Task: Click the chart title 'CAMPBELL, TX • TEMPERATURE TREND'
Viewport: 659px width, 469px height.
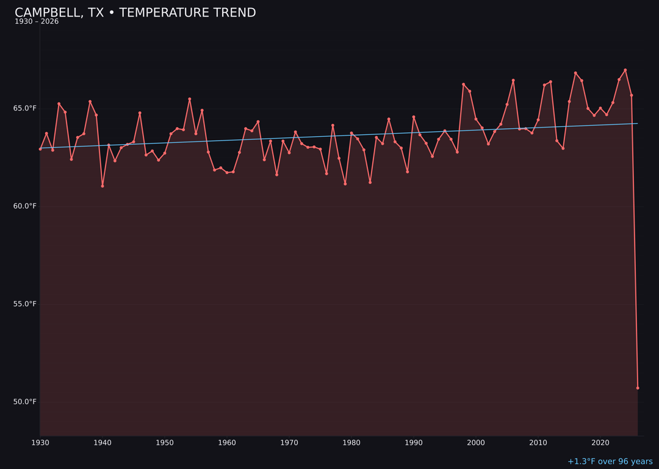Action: coord(135,13)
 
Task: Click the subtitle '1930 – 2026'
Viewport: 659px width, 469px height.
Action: coord(37,22)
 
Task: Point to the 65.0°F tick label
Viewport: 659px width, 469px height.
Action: coord(25,109)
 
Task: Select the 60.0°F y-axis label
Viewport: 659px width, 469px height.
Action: coord(25,206)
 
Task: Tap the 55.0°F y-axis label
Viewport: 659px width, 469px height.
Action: coord(25,304)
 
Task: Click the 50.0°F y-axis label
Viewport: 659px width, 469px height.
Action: coord(25,402)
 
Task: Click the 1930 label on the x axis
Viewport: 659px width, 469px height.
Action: coord(40,443)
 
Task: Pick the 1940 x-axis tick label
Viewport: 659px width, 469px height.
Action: coord(103,443)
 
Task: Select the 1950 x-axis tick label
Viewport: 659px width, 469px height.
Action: coord(165,443)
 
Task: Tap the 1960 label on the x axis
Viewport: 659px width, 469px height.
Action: coord(227,443)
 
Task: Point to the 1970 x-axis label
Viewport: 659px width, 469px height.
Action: coord(289,443)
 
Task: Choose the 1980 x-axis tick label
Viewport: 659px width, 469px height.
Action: coord(351,443)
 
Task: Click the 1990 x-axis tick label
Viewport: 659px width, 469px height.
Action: coord(414,443)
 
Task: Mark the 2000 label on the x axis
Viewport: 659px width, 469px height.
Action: coord(476,443)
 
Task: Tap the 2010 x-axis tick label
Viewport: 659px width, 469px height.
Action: coord(538,443)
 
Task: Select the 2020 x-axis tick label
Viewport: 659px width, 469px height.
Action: coord(600,443)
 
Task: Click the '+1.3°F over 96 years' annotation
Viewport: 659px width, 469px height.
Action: coord(610,462)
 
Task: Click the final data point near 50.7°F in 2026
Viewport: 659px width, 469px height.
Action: coord(638,388)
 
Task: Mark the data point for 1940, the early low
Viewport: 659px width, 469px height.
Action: coord(103,186)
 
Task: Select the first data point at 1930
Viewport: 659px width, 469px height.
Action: coord(40,149)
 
